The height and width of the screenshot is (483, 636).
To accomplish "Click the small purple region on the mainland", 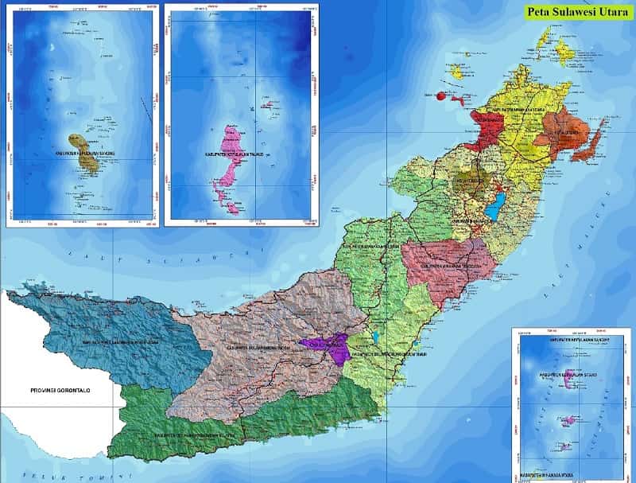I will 328,346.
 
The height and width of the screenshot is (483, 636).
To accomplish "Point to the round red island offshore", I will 440,95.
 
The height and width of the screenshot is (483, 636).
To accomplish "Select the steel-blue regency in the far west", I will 111,334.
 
